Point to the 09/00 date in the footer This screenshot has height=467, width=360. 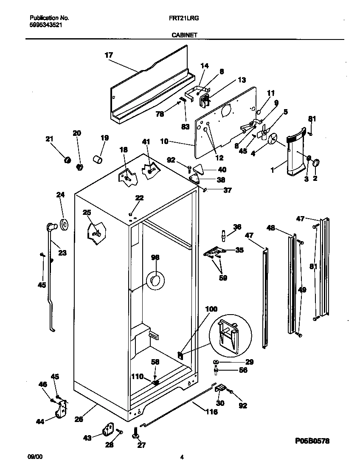(35, 457)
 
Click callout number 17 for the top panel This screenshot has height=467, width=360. (109, 55)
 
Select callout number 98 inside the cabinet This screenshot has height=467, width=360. (155, 257)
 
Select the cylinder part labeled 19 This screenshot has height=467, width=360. (98, 160)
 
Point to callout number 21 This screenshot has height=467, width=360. (50, 139)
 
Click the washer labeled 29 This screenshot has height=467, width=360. (217, 362)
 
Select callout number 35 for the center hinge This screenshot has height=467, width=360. (239, 250)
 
